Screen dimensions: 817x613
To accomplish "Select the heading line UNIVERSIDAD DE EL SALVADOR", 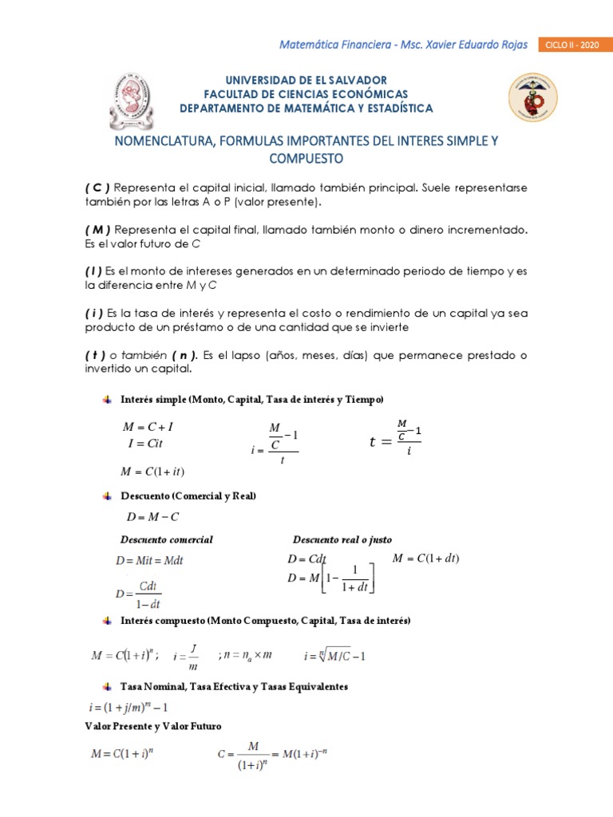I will click(306, 81).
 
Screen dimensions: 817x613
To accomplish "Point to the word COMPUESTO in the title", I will click(306, 159).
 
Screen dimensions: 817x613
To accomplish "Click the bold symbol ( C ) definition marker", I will click(97, 187).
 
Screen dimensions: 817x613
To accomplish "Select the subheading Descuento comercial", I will click(166, 539).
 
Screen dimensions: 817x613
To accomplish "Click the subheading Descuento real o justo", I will click(342, 539).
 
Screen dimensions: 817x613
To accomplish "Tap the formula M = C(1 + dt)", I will click(426, 558).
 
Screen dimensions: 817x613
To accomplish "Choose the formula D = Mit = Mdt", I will click(149, 561).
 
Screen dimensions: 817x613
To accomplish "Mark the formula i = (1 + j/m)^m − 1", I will click(128, 707).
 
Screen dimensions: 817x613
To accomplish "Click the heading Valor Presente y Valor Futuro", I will click(153, 726).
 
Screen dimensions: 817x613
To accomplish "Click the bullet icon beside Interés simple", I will click(108, 398).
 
